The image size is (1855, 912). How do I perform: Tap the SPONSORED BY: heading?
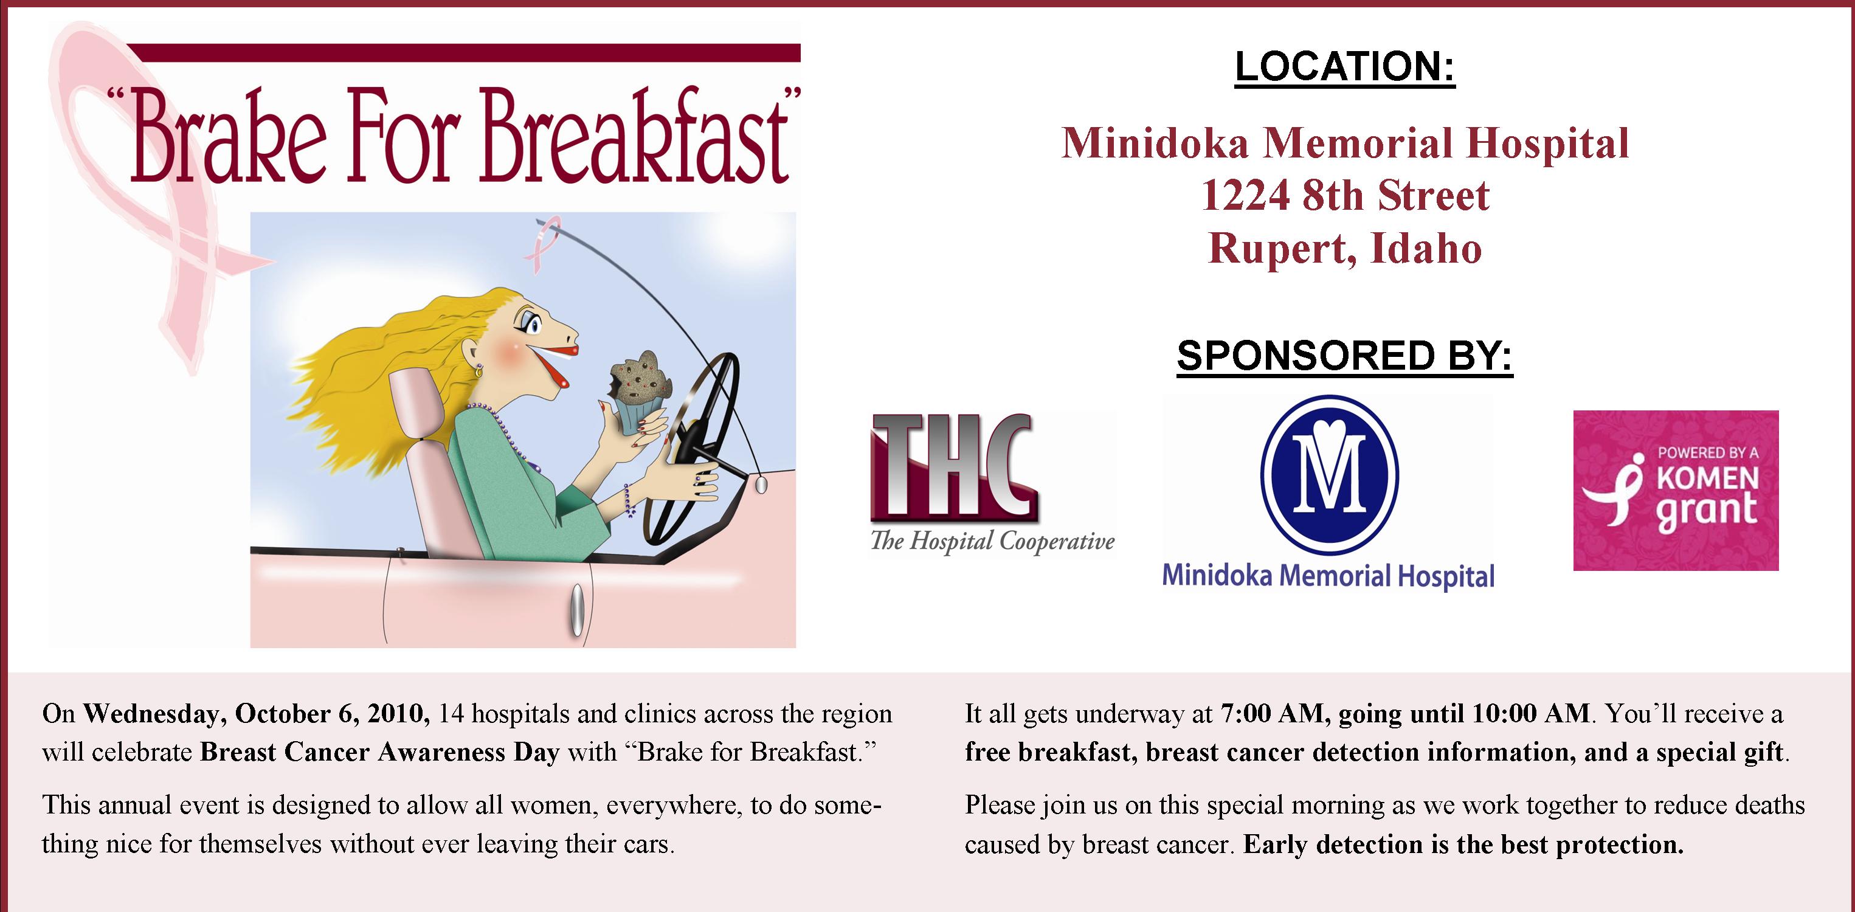point(1344,356)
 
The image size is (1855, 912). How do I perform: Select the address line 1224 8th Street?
point(1345,196)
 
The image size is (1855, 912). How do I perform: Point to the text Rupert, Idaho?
point(1344,249)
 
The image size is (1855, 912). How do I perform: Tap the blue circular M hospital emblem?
point(1329,475)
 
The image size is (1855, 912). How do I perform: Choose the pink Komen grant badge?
point(1676,491)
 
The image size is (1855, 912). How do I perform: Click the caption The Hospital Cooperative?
point(992,542)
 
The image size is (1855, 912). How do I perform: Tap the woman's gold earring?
point(477,371)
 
